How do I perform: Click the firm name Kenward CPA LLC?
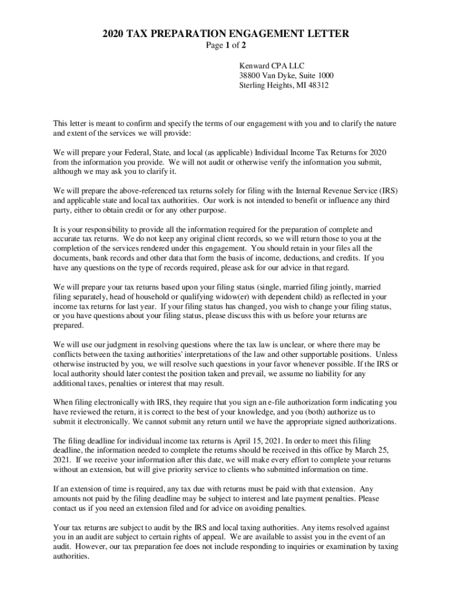coord(272,66)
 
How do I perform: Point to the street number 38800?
coord(251,76)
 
